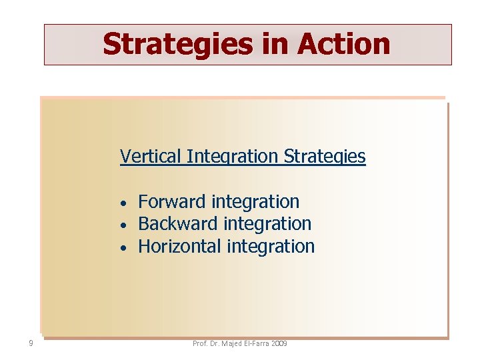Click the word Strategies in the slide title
click(x=177, y=45)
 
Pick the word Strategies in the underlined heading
click(x=325, y=157)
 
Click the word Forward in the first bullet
click(x=171, y=201)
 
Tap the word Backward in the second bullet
click(x=177, y=223)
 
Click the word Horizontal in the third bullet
click(x=179, y=246)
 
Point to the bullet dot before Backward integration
click(x=124, y=225)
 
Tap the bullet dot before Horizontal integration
click(x=124, y=248)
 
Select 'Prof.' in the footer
click(x=200, y=343)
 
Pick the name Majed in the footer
click(x=234, y=343)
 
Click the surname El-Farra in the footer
click(x=261, y=343)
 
